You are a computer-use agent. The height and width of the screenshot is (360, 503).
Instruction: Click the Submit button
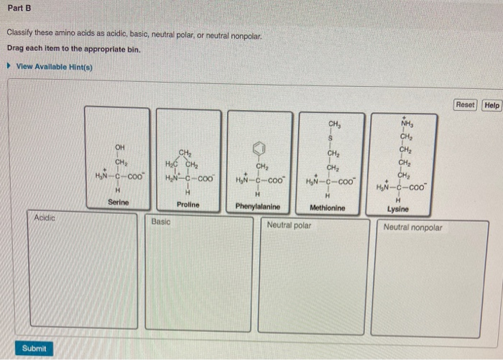click(34, 349)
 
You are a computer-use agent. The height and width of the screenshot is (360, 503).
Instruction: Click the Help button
click(492, 105)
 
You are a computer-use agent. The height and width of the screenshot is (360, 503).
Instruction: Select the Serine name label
click(119, 203)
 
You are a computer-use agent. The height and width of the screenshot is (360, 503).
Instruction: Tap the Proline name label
click(188, 205)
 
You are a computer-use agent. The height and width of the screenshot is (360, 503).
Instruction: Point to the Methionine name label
click(327, 208)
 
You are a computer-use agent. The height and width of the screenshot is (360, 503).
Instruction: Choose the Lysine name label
click(397, 209)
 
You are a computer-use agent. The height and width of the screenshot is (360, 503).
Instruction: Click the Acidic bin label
click(45, 216)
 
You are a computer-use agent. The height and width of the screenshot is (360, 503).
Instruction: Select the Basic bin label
click(161, 222)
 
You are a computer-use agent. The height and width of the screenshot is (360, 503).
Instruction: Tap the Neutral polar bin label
click(289, 225)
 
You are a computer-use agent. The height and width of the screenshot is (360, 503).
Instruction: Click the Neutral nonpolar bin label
click(413, 228)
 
